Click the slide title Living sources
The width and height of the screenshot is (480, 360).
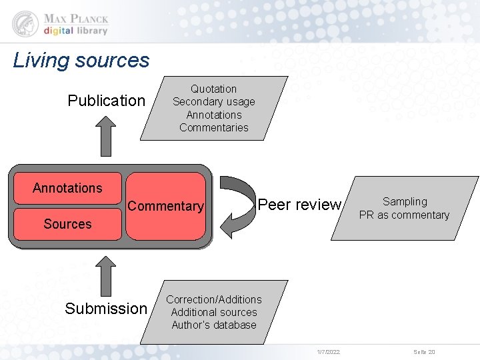pos(81,61)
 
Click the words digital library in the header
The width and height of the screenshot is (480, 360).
pos(75,30)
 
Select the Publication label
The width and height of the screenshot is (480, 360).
pos(106,101)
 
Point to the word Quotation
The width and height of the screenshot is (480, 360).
pos(213,89)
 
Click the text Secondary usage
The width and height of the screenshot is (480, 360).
pos(213,101)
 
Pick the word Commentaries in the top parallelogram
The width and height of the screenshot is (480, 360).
pos(213,127)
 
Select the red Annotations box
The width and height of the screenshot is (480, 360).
pos(67,188)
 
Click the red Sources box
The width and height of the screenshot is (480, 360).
pos(67,224)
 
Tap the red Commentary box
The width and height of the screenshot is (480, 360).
pos(165,206)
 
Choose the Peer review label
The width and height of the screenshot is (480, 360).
pos(299,205)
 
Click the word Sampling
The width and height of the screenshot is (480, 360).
pos(405,201)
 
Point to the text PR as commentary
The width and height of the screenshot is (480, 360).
pos(404,215)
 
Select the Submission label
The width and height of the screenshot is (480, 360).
pos(105,308)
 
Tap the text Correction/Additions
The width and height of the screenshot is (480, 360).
pos(213,299)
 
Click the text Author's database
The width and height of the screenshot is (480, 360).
pos(213,325)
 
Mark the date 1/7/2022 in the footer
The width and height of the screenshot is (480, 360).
pos(328,351)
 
